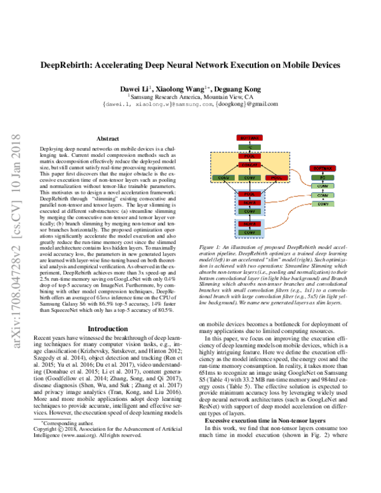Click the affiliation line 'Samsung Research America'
click(190, 95)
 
